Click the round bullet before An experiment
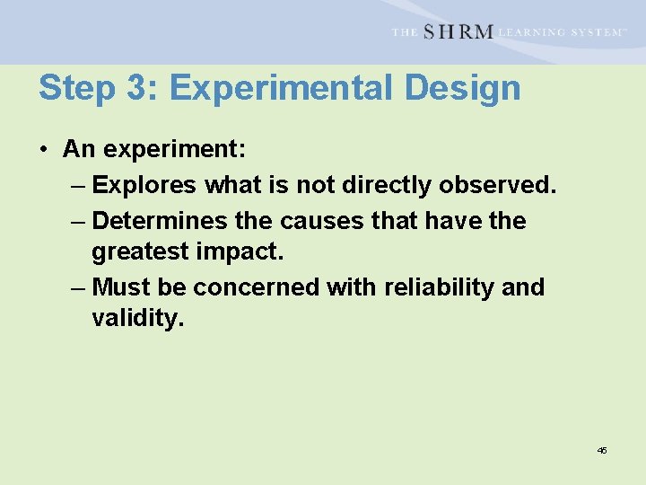[x=44, y=150]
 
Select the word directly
[x=391, y=185]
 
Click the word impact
[x=242, y=252]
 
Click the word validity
[x=137, y=319]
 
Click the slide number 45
[x=602, y=450]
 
